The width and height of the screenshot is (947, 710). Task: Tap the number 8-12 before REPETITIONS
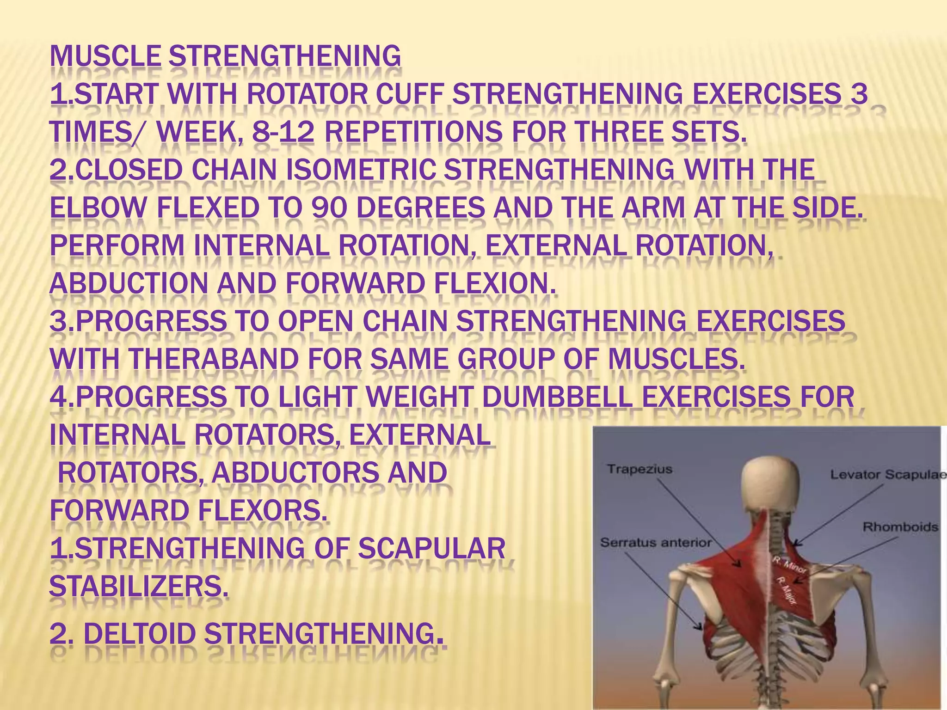click(283, 133)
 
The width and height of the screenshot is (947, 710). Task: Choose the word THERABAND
click(213, 359)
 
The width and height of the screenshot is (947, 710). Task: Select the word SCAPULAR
click(432, 549)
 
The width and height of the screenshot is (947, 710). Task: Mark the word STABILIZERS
click(139, 587)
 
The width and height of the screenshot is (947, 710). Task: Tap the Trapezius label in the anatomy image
click(639, 470)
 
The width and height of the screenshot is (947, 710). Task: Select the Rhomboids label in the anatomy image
click(900, 527)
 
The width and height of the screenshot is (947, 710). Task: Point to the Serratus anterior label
click(655, 543)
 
